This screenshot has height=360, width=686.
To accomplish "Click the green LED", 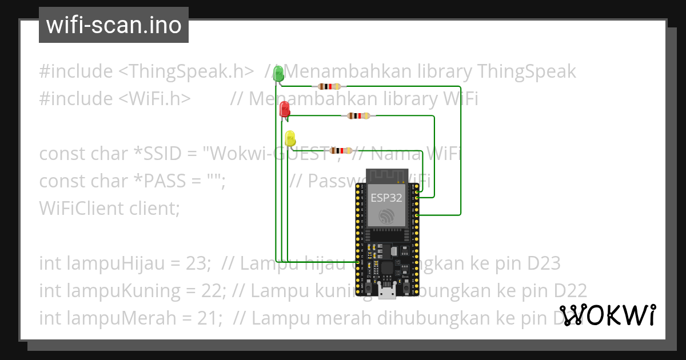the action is tap(278, 74).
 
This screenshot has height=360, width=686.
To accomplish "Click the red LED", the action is tap(285, 109).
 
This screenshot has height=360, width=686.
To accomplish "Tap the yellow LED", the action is tap(290, 138).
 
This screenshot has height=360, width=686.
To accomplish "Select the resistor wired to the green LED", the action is tap(329, 86).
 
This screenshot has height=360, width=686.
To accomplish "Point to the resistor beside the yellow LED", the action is tap(340, 150).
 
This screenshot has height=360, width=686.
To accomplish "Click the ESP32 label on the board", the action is tap(386, 198).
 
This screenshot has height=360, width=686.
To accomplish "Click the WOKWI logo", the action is tap(607, 315).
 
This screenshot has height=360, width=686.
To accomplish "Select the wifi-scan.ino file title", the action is tap(114, 25).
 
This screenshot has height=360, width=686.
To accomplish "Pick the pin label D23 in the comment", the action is tap(544, 263).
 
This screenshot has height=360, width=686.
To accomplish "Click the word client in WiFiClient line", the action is tap(154, 209).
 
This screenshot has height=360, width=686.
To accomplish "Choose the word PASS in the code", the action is tap(161, 181).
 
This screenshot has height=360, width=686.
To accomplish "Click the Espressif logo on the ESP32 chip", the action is tap(386, 216).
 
